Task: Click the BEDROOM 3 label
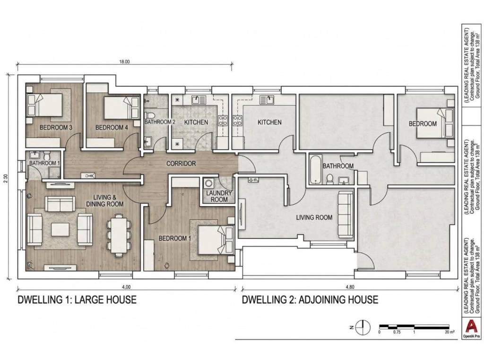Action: click(x=56, y=128)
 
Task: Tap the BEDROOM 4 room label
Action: click(x=112, y=128)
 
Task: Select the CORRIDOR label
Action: click(x=181, y=163)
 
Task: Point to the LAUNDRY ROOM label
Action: click(x=219, y=196)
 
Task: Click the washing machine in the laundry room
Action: click(x=209, y=183)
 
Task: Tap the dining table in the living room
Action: click(x=118, y=235)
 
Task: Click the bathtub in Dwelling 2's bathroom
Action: click(x=315, y=169)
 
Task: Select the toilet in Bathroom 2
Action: click(x=151, y=115)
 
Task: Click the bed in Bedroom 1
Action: click(x=216, y=240)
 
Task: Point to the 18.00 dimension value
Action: click(x=125, y=61)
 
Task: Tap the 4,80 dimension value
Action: click(x=350, y=287)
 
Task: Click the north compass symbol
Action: click(x=363, y=328)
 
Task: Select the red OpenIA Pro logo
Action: click(x=471, y=326)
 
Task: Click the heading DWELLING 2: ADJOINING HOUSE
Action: click(x=310, y=299)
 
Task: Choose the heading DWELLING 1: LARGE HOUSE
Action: click(x=77, y=299)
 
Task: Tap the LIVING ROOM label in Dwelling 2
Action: click(x=314, y=217)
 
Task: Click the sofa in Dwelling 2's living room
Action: click(x=346, y=215)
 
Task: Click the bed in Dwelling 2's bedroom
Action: click(x=435, y=123)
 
